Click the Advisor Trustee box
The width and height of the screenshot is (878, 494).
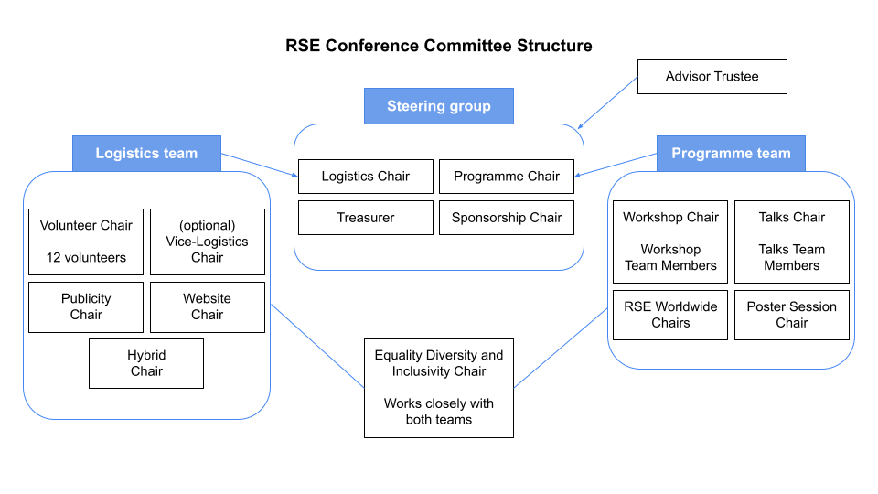pyautogui.click(x=712, y=77)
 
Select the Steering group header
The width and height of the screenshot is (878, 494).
pyautogui.click(x=439, y=106)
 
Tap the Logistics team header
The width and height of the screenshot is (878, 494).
pyautogui.click(x=146, y=154)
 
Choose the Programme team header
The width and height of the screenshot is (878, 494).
pyautogui.click(x=732, y=154)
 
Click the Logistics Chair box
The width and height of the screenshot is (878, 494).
pyautogui.click(x=366, y=177)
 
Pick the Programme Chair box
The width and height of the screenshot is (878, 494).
pyautogui.click(x=507, y=177)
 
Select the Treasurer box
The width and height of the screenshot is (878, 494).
pyautogui.click(x=366, y=218)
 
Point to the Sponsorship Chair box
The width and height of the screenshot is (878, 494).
pyautogui.click(x=507, y=218)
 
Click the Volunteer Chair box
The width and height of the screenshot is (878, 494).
pyautogui.click(x=86, y=242)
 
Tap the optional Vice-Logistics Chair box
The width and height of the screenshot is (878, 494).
pyautogui.click(x=208, y=242)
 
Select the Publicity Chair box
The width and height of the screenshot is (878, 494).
pyautogui.click(x=86, y=307)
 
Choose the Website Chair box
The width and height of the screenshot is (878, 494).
pyautogui.click(x=208, y=307)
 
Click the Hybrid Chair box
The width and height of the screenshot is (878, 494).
pyautogui.click(x=146, y=363)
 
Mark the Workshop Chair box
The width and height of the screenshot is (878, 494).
pyautogui.click(x=670, y=242)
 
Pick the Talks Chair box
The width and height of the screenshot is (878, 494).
pyautogui.click(x=792, y=242)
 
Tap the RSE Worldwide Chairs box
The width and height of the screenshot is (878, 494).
pyautogui.click(x=670, y=315)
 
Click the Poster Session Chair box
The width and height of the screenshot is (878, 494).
pyautogui.click(x=792, y=315)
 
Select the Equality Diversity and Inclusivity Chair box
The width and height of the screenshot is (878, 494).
pyautogui.click(x=439, y=388)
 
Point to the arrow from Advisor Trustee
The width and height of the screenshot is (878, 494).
pyautogui.click(x=607, y=103)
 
